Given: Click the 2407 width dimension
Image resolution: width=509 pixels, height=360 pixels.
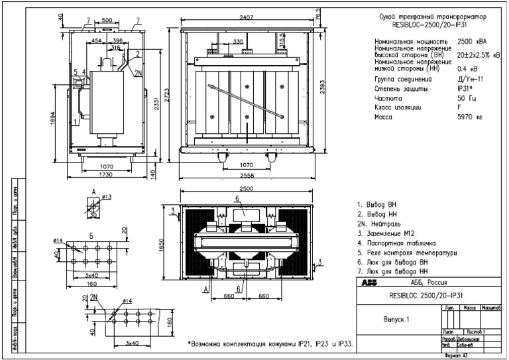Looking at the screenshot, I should [x=247, y=11].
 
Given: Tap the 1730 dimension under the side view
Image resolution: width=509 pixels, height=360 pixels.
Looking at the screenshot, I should [x=96, y=173].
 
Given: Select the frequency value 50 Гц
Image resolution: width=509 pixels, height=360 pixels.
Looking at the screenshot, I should [x=467, y=97].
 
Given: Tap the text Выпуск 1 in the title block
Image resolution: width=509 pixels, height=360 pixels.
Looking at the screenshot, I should [x=397, y=318].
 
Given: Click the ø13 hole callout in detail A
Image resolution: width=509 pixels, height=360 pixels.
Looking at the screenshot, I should [x=105, y=197].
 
